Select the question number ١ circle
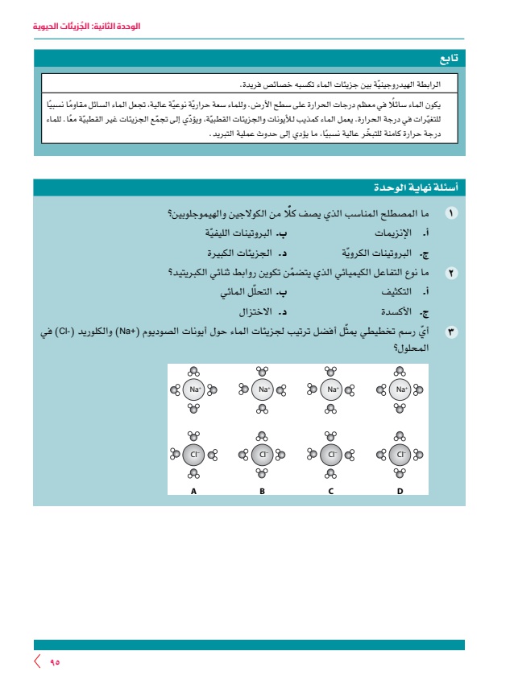click(x=451, y=213)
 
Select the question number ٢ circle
click(x=451, y=274)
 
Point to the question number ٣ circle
click(x=451, y=332)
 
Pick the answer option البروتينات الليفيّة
click(x=244, y=233)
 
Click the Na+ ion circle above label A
click(x=194, y=390)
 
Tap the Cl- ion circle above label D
click(x=400, y=455)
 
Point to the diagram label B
click(x=262, y=490)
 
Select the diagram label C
click(x=330, y=490)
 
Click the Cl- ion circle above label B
click(x=262, y=455)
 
